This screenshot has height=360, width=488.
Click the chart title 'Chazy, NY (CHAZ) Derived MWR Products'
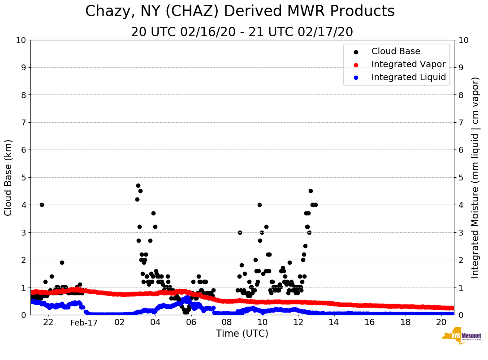(240, 12)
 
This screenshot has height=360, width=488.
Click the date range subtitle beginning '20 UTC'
(242, 32)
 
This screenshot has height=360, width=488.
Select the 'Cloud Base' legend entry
(396, 51)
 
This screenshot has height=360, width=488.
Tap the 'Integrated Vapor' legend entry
(408, 64)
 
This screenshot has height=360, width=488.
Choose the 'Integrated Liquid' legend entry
(408, 77)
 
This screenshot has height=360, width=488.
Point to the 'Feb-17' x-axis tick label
(84, 322)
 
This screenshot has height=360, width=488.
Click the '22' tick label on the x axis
(48, 322)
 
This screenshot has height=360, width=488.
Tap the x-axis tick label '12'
(298, 322)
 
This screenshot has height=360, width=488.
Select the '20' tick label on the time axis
(441, 322)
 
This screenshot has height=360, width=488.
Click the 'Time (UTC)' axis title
(242, 334)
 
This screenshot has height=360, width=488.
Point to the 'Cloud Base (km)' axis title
(9, 177)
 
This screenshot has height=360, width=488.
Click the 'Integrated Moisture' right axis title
(475, 177)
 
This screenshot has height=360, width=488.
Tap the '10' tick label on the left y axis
(21, 40)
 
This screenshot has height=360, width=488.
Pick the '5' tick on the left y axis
(23, 177)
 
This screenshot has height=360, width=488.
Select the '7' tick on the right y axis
(460, 122)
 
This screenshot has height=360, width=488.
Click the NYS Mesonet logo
(462, 337)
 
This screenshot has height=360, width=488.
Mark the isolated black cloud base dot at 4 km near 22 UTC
(42, 205)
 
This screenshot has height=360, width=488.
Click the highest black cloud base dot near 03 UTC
(138, 185)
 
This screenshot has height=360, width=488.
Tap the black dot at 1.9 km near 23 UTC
(62, 262)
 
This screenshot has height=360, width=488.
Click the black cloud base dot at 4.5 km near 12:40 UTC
(311, 191)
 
